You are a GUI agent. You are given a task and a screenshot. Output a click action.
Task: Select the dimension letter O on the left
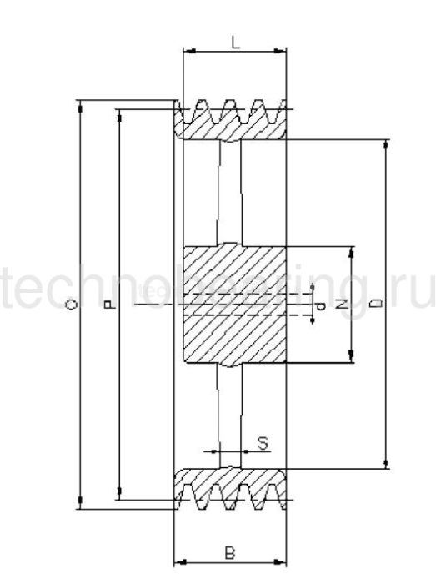[x=73, y=306]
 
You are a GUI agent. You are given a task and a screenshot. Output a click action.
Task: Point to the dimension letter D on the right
[x=375, y=305]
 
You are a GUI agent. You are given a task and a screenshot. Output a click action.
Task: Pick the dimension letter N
[x=340, y=305]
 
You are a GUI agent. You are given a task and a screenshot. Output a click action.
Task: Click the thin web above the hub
[x=229, y=192]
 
